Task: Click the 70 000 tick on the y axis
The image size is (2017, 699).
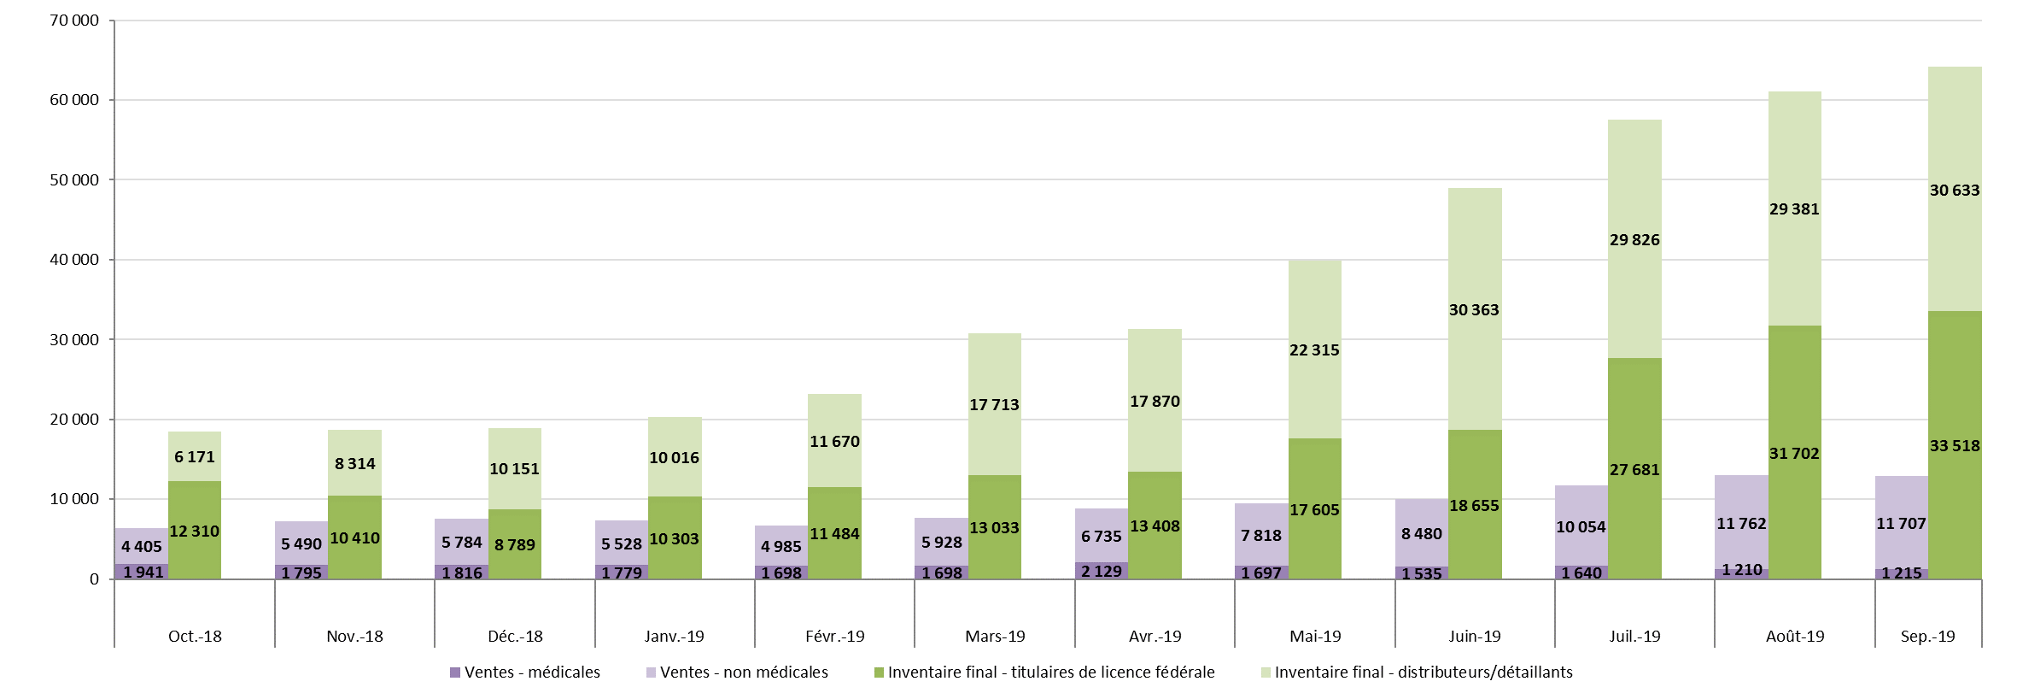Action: point(74,21)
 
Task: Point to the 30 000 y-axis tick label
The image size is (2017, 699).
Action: point(74,340)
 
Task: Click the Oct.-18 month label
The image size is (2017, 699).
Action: point(195,637)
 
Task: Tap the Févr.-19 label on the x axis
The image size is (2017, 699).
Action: point(834,637)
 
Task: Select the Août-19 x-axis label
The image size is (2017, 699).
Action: point(1794,637)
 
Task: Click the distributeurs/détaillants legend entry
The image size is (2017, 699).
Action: point(1423,673)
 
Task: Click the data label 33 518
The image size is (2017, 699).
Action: point(1954,446)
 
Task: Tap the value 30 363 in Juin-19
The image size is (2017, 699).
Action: point(1474,310)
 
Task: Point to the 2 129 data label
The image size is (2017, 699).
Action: point(1101,572)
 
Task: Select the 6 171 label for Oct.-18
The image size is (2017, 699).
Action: point(195,457)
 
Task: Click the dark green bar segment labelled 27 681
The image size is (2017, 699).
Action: point(1634,427)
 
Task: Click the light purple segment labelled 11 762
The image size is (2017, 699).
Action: point(1741,504)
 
